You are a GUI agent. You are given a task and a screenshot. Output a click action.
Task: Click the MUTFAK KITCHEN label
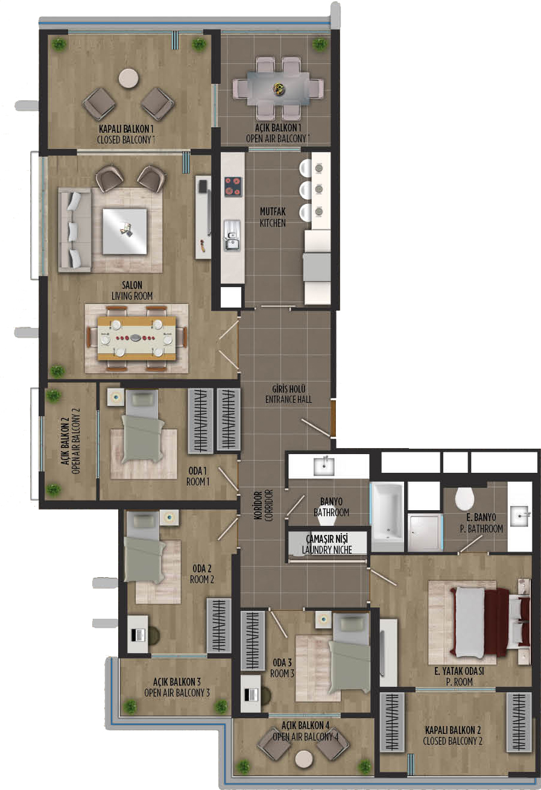pos(273,217)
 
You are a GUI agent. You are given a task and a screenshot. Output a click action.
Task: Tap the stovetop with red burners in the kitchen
pos(233,186)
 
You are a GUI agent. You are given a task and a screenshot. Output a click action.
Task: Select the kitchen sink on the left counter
pos(232,235)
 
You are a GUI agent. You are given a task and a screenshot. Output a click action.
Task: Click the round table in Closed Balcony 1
pos(128,78)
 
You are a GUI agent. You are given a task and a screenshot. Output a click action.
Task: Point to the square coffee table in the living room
pos(124,232)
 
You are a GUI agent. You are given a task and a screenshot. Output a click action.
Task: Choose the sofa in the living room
pos(74,230)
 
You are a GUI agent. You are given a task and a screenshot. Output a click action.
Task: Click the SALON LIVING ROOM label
pos(132,290)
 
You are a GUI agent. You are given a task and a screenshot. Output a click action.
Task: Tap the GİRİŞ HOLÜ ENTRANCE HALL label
pos(288,394)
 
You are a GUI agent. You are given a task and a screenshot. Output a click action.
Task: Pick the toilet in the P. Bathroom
pos(464,498)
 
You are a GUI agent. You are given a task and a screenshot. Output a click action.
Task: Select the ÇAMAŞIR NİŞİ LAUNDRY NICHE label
pos(327,544)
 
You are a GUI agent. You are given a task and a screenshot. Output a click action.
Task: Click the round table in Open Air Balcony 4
pos(303,758)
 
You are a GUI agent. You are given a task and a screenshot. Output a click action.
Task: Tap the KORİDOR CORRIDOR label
pos(264,505)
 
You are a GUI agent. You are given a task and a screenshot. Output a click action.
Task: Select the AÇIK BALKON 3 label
pos(177,681)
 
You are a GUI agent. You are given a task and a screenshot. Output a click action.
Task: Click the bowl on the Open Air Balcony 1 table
pos(279,89)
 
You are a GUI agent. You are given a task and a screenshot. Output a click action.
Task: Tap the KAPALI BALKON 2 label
pos(453,730)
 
